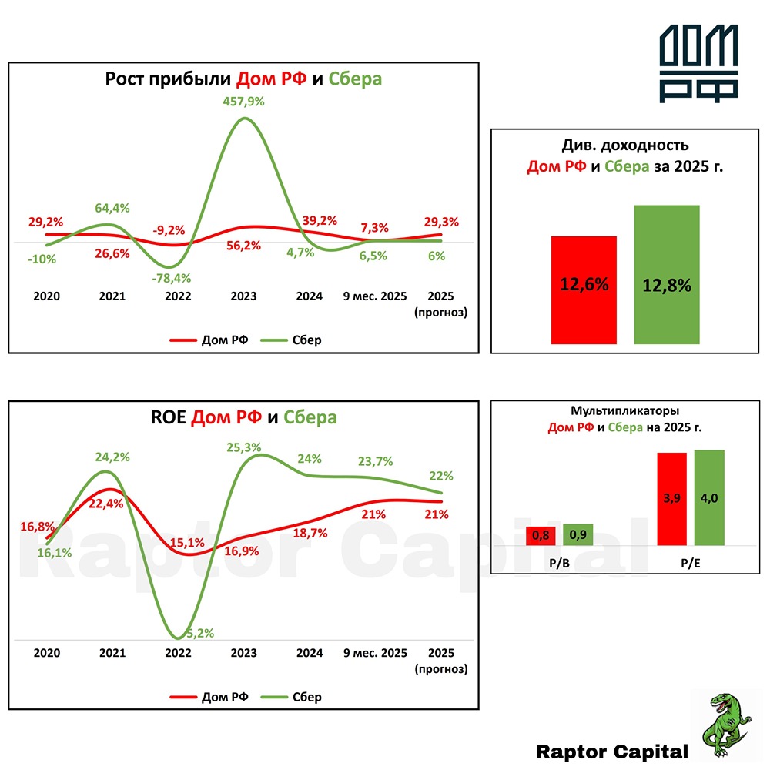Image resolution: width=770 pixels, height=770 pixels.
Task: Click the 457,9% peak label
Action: click(243, 101)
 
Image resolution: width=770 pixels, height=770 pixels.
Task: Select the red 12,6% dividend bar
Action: click(584, 290)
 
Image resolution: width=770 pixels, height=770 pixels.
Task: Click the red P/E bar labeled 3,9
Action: click(671, 499)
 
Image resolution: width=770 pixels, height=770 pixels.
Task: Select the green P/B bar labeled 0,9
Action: click(578, 534)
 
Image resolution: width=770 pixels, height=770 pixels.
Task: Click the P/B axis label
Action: click(559, 564)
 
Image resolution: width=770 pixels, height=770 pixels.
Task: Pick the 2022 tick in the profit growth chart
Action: click(178, 296)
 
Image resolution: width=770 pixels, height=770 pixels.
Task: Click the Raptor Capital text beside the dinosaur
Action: click(611, 751)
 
